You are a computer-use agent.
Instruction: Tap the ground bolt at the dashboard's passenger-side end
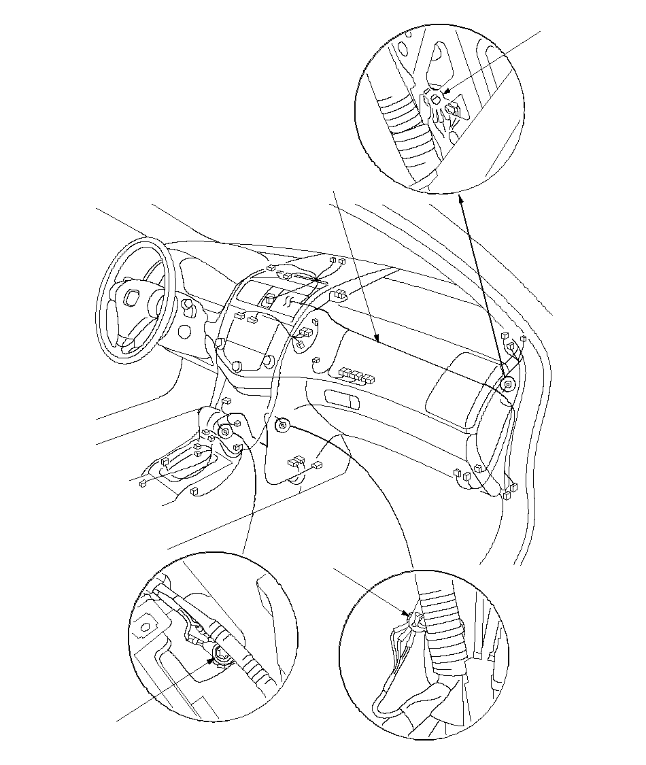(507, 384)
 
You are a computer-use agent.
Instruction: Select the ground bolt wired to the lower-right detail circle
(282, 426)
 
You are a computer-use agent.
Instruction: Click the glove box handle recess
(343, 399)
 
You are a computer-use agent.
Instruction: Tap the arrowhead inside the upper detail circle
(445, 93)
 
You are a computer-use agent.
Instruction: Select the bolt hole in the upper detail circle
(436, 101)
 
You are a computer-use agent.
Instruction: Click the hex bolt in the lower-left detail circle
(221, 655)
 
